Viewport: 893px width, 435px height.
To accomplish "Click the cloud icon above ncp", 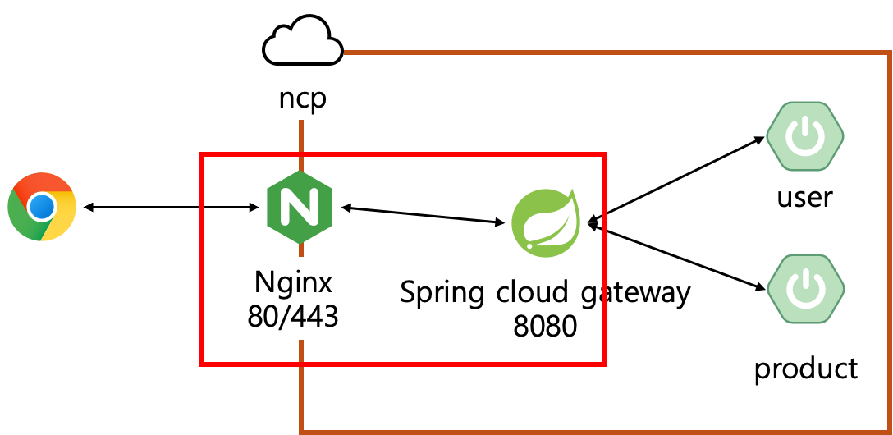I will pyautogui.click(x=302, y=42).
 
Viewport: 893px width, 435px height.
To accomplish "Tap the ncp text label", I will pyautogui.click(x=302, y=98).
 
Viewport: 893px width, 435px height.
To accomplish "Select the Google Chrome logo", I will pyautogui.click(x=42, y=207).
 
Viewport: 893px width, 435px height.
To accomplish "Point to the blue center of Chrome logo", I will pyautogui.click(x=42, y=207).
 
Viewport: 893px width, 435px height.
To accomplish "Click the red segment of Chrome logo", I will pyautogui.click(x=42, y=185).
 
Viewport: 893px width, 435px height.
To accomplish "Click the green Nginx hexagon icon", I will pyautogui.click(x=299, y=208).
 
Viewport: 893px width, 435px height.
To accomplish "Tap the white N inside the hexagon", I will pyautogui.click(x=299, y=208).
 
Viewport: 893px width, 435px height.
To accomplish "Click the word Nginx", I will pyautogui.click(x=293, y=282).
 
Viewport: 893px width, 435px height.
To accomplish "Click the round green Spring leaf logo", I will pyautogui.click(x=546, y=222).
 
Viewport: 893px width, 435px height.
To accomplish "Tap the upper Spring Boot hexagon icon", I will pyautogui.click(x=805, y=135).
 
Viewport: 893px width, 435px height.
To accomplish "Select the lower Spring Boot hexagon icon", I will pyautogui.click(x=805, y=288).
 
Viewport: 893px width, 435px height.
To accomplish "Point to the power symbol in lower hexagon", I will pyautogui.click(x=805, y=288).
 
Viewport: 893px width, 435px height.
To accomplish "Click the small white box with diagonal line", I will pyautogui.click(x=698, y=268).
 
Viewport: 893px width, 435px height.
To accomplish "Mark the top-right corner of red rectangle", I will pyautogui.click(x=603, y=154).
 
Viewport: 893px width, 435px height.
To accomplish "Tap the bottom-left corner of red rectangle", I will pyautogui.click(x=202, y=363).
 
